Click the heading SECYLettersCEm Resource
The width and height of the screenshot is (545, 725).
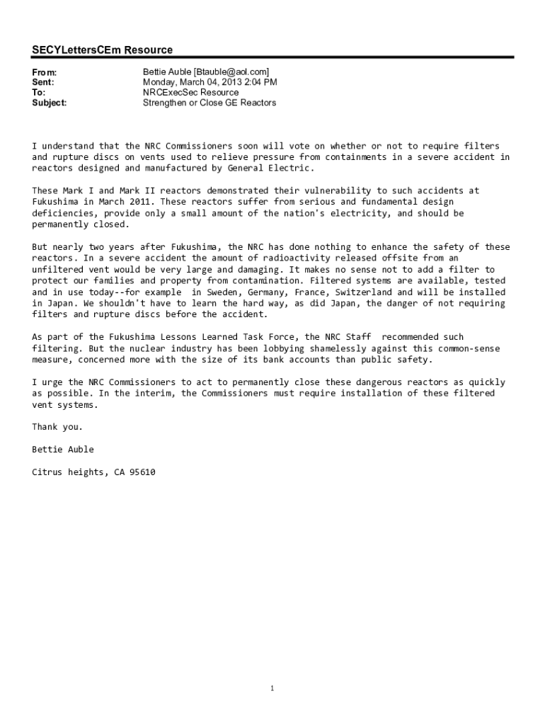pos(102,50)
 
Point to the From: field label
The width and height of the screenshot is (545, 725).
pos(44,72)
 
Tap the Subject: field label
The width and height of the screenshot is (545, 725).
pos(50,103)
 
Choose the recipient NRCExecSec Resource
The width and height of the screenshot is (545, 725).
pos(190,92)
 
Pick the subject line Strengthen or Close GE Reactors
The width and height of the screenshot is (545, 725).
pos(210,103)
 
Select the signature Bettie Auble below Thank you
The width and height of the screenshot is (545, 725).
pos(62,450)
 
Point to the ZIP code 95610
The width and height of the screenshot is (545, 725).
pos(141,472)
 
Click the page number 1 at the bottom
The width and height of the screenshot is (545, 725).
pos(272,689)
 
